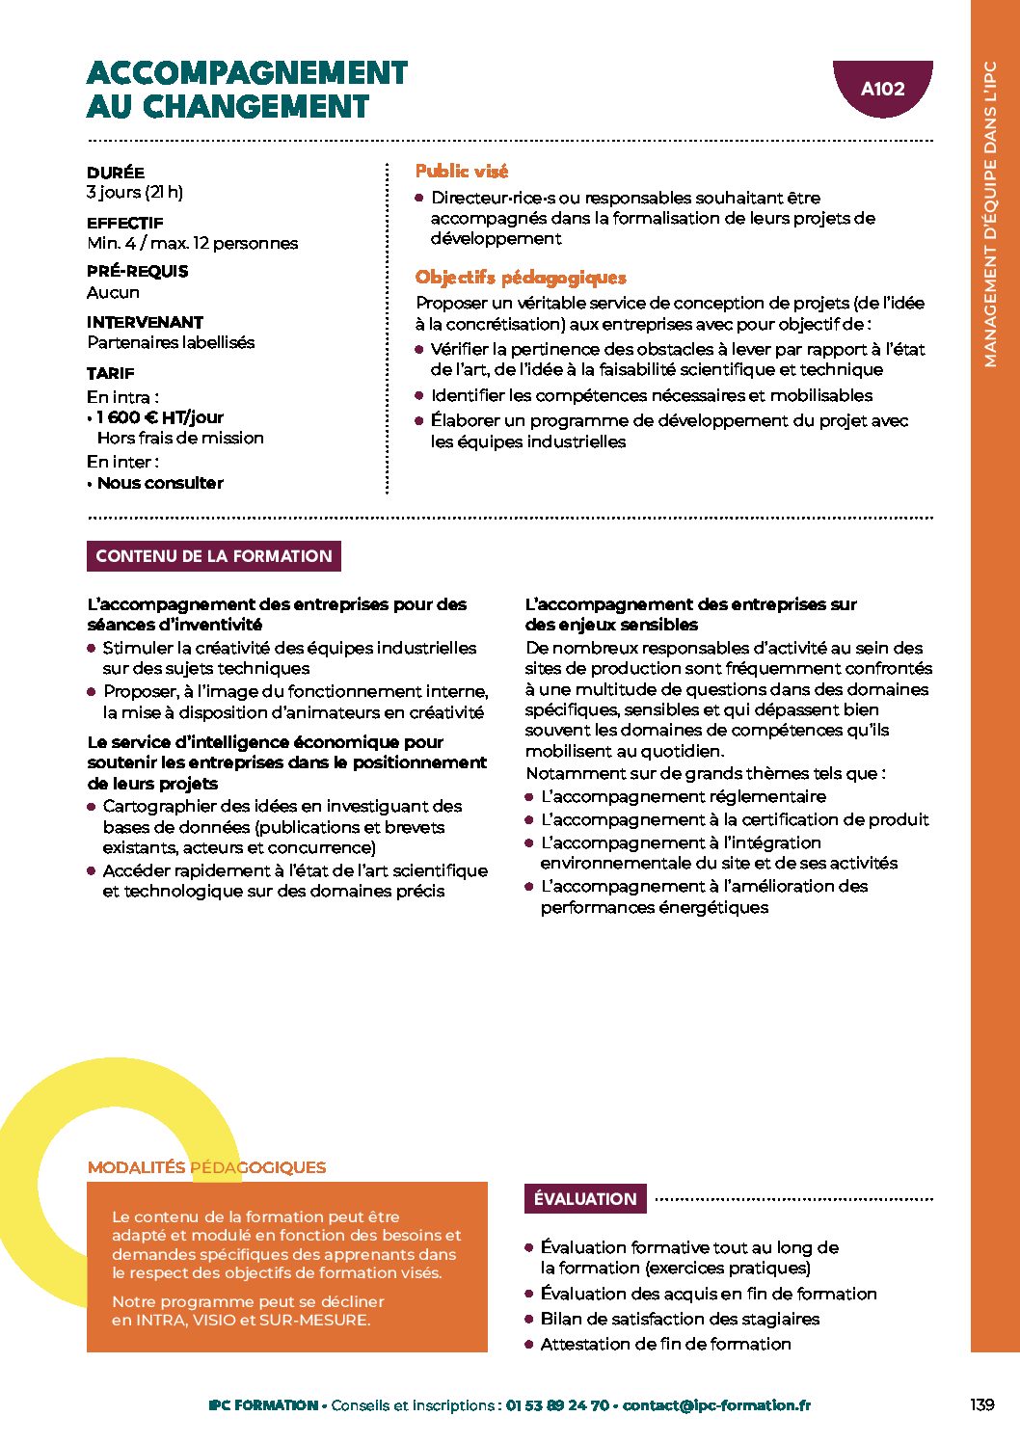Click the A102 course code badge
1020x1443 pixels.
882,89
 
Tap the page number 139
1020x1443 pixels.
981,1404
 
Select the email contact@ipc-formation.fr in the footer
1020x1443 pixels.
716,1405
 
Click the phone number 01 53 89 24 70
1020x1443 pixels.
557,1405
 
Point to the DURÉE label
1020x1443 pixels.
116,173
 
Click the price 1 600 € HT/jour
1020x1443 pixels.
160,417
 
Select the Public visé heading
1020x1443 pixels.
462,172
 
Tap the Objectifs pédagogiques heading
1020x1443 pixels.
521,278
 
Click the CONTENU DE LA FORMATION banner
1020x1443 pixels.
214,556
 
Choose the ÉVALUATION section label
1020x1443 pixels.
585,1199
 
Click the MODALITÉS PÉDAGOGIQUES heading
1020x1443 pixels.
206,1167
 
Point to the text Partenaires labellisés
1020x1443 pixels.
171,342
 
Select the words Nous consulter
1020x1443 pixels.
160,483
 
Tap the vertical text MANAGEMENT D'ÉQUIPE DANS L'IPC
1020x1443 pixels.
990,214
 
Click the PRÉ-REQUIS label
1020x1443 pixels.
137,271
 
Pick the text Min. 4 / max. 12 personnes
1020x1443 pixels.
193,243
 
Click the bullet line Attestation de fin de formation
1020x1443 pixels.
665,1344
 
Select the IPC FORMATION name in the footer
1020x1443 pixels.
263,1405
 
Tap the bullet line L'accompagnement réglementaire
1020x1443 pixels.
684,797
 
